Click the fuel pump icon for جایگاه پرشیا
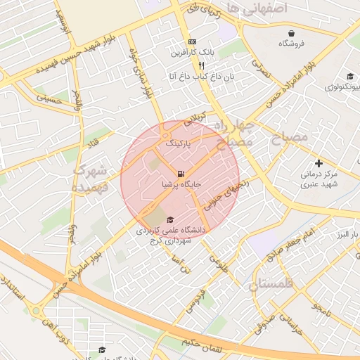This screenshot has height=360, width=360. point(181,174)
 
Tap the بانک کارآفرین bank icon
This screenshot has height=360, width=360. point(193,42)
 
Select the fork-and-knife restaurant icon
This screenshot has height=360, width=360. point(202,64)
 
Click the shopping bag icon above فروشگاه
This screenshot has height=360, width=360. point(291,33)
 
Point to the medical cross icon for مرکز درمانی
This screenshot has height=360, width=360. point(319,162)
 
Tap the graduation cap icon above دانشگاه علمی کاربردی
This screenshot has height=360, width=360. point(171,219)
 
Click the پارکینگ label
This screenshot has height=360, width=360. point(179,143)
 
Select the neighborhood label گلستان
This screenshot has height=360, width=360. point(274,283)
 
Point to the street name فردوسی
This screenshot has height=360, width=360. point(195,300)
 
